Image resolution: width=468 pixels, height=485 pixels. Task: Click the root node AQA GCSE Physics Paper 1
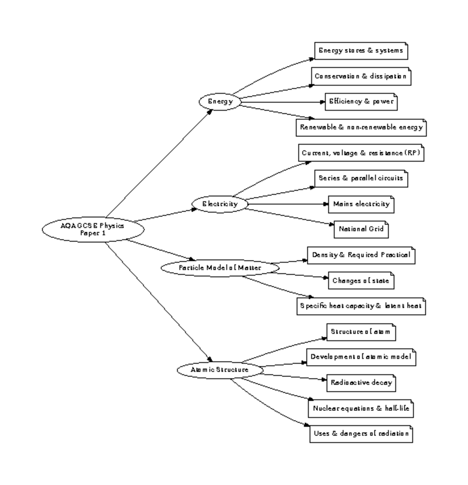pyautogui.click(x=92, y=230)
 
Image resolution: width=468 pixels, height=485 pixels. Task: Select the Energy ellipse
pyautogui.click(x=220, y=102)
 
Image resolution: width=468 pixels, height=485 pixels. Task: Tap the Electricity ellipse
pyautogui.click(x=220, y=204)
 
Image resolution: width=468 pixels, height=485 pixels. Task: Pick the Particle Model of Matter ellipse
pyautogui.click(x=220, y=268)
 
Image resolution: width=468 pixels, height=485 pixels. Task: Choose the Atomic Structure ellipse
pyautogui.click(x=220, y=370)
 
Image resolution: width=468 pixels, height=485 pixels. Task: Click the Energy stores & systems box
pyautogui.click(x=361, y=51)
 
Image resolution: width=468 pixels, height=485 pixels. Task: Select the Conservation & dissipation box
pyautogui.click(x=361, y=76)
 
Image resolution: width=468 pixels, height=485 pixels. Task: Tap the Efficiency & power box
pyautogui.click(x=361, y=102)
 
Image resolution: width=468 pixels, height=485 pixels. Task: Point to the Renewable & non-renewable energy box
pyautogui.click(x=361, y=127)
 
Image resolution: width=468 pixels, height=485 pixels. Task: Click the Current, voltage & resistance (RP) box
pyautogui.click(x=361, y=153)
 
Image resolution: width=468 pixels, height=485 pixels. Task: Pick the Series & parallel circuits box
pyautogui.click(x=361, y=179)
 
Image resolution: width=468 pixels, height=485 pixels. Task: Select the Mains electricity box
pyautogui.click(x=361, y=204)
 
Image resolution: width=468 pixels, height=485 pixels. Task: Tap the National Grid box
pyautogui.click(x=361, y=229)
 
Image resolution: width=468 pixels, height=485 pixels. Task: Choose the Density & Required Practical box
pyautogui.click(x=361, y=255)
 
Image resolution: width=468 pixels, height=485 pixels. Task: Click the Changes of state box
pyautogui.click(x=361, y=281)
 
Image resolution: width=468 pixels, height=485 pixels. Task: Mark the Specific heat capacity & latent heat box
pyautogui.click(x=361, y=306)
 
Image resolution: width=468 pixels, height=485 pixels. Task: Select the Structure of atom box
pyautogui.click(x=361, y=332)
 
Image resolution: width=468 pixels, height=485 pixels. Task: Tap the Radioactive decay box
pyautogui.click(x=361, y=383)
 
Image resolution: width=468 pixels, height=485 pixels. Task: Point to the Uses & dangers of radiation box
pyautogui.click(x=361, y=434)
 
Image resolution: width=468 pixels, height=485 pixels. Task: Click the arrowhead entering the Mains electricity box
pyautogui.click(x=326, y=204)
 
